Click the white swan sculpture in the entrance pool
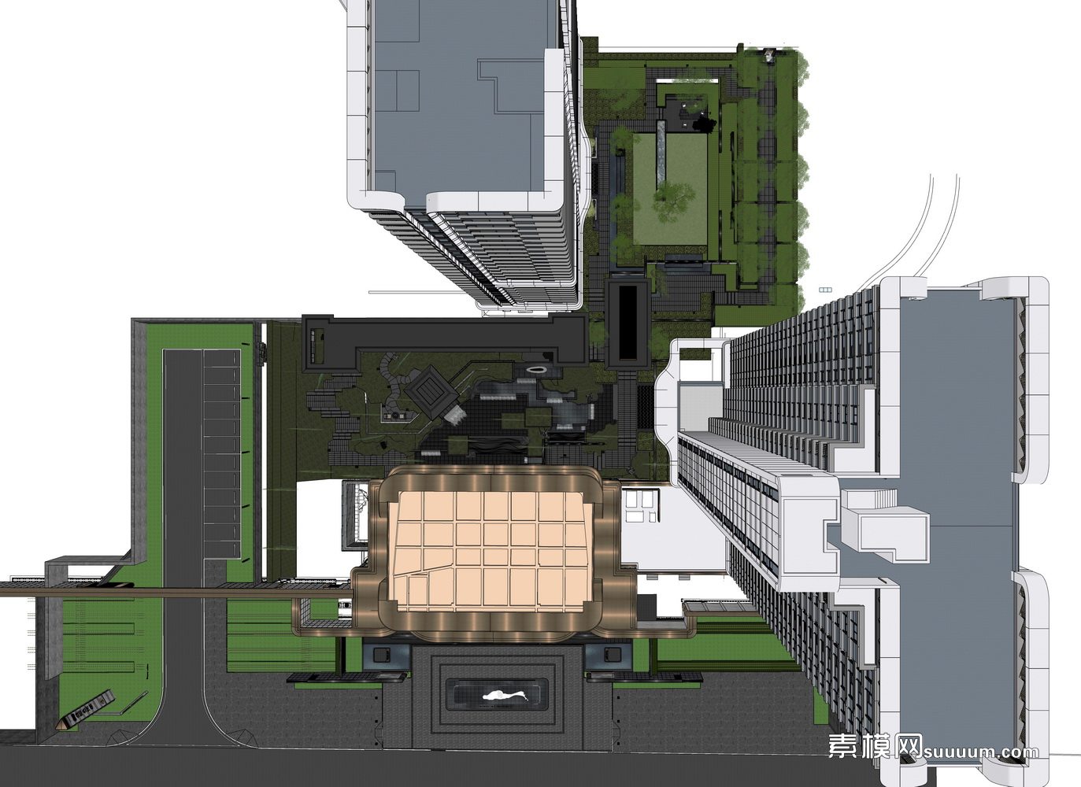click(505, 696)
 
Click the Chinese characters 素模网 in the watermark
click(875, 746)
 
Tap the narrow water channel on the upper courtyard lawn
click(661, 150)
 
